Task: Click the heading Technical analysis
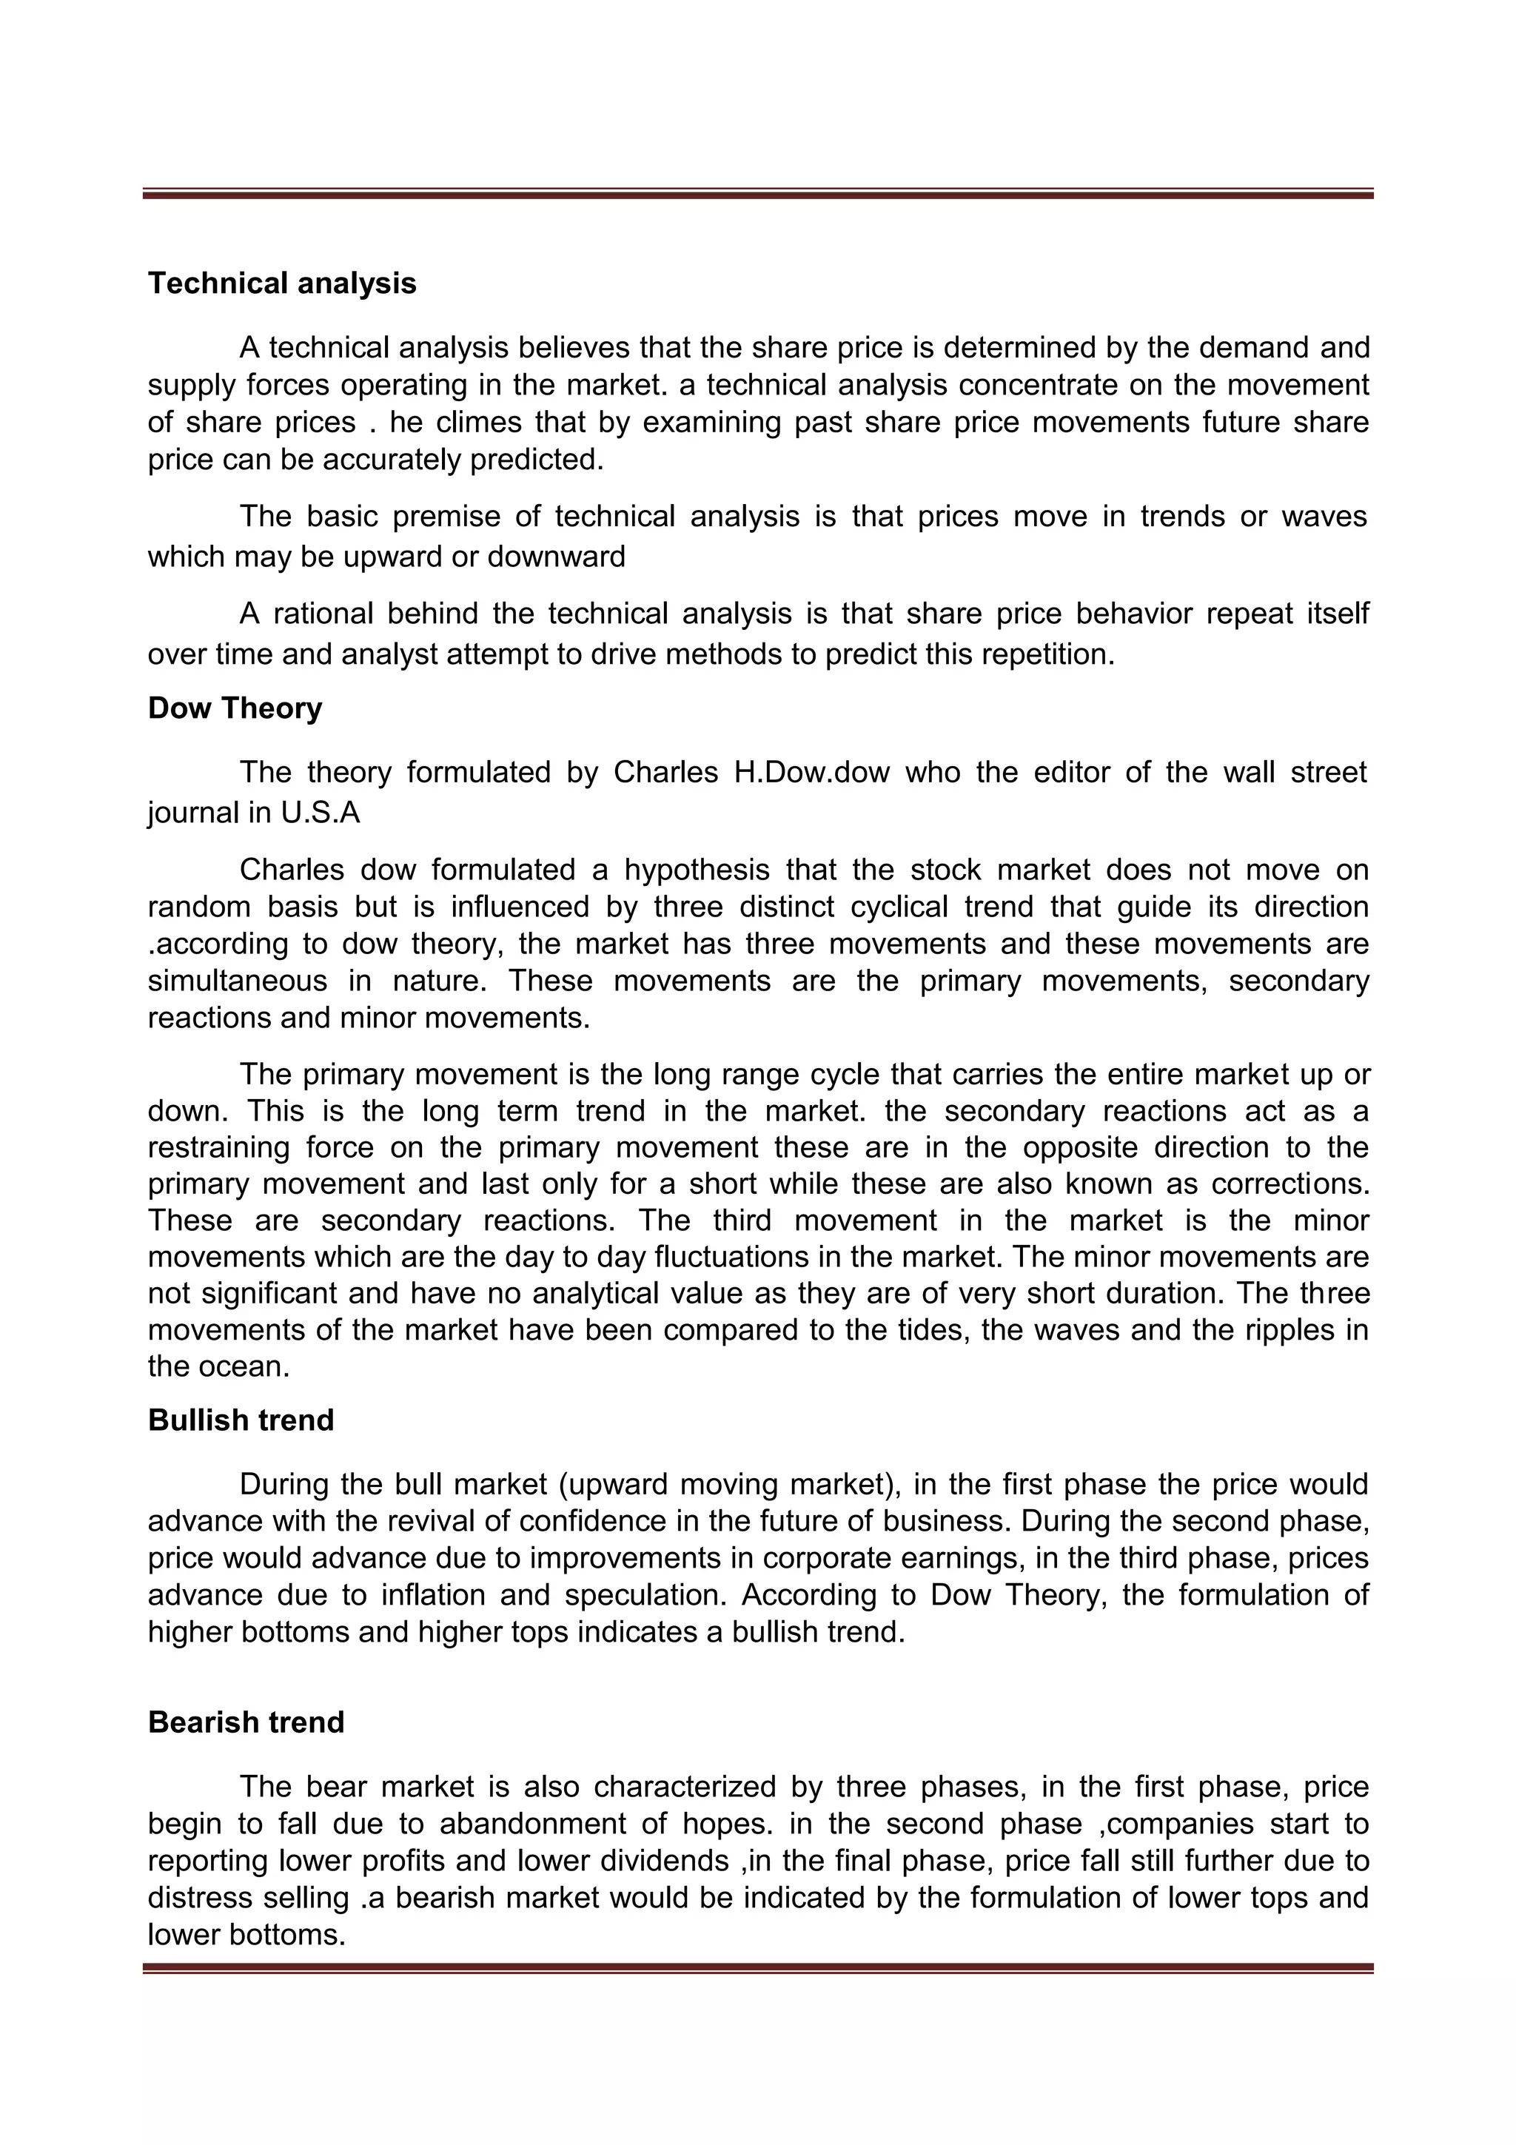coord(282,283)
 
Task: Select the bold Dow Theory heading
coord(235,708)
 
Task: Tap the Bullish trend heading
coord(241,1420)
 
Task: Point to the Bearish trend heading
coord(246,1722)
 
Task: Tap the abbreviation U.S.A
coord(320,813)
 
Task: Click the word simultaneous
coord(238,981)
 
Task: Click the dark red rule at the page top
coord(757,195)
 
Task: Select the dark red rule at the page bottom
coord(757,1970)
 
